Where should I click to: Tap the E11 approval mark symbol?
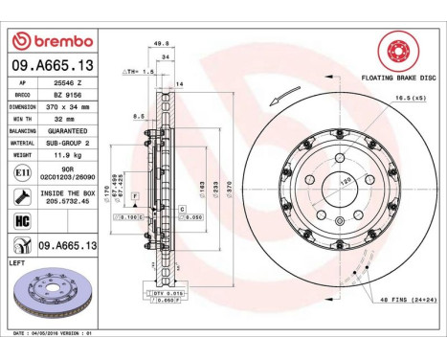(22, 172)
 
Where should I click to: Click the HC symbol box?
(22, 221)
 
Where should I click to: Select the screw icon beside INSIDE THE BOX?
(22, 197)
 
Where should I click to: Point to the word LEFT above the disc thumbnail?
(18, 260)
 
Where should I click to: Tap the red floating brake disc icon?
(393, 49)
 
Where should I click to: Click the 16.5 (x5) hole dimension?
(407, 98)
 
